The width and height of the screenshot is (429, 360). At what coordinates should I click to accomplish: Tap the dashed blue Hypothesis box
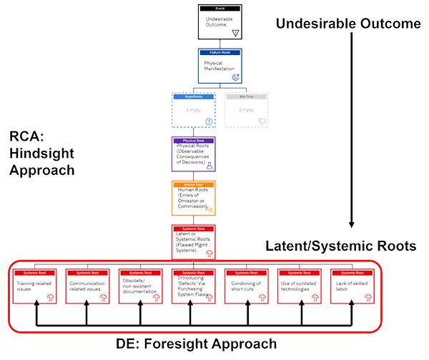[194, 110]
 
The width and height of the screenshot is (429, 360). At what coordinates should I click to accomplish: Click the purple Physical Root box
[194, 154]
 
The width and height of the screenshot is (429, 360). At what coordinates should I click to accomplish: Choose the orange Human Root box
[194, 197]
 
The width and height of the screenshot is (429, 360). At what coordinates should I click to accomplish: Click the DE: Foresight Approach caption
[196, 344]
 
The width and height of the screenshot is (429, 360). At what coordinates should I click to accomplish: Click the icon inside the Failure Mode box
[235, 76]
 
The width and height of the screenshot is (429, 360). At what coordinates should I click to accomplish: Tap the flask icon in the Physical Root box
[209, 166]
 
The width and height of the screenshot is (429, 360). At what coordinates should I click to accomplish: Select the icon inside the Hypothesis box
[209, 121]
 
